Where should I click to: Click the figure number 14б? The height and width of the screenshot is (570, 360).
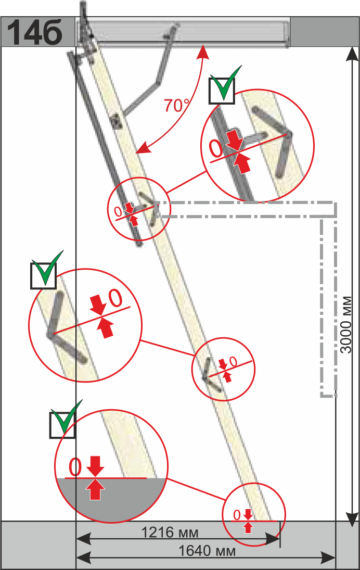tap(34, 32)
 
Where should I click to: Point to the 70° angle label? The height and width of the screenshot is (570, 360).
tap(176, 106)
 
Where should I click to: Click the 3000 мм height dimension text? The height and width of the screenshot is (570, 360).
tap(346, 325)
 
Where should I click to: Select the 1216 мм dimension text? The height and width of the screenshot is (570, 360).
tap(170, 532)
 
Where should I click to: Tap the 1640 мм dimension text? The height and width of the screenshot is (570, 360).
tap(207, 551)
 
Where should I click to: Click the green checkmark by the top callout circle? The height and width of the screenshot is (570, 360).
tap(226, 84)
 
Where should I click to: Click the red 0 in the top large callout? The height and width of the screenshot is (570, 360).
tap(216, 149)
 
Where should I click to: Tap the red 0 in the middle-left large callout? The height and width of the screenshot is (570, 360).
tap(116, 298)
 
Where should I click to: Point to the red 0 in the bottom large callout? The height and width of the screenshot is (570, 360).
tap(75, 467)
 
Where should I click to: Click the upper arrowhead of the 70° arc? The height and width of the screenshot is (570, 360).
tap(203, 52)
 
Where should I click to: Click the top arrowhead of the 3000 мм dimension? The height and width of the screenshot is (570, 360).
tap(351, 54)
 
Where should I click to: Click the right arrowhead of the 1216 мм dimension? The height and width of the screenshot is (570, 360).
tap(273, 539)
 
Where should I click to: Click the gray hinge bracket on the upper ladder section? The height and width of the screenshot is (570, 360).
tap(117, 121)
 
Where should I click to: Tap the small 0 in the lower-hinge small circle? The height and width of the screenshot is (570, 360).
tap(233, 361)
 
